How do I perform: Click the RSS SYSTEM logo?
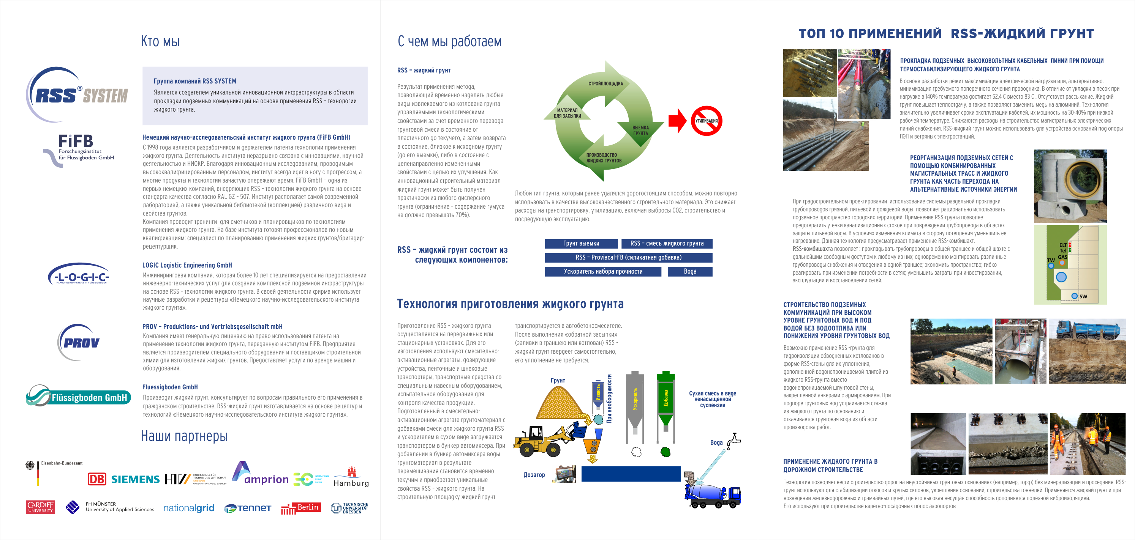click(77, 94)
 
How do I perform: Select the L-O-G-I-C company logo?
click(78, 275)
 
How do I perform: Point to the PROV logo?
click(79, 342)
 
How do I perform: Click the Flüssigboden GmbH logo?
click(78, 396)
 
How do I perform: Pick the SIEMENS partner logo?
click(135, 479)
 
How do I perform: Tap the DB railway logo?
click(97, 479)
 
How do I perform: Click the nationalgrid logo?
click(188, 508)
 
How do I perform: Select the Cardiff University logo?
click(40, 507)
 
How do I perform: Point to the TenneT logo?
click(248, 508)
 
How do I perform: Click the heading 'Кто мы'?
click(160, 41)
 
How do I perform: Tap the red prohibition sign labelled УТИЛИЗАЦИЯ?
click(706, 121)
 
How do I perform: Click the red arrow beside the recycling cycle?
click(677, 121)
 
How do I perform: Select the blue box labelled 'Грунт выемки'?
click(581, 243)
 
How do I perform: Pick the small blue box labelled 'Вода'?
click(690, 272)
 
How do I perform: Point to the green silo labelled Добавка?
click(666, 399)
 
